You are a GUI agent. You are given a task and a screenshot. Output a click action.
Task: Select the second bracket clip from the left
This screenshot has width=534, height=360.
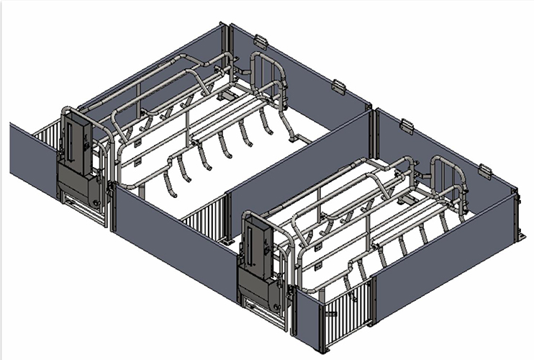pos(339,88)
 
